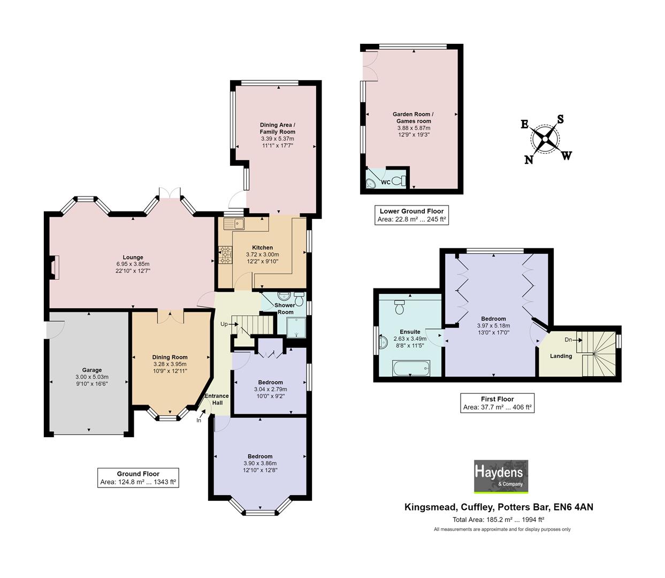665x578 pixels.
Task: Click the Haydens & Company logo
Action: point(501,476)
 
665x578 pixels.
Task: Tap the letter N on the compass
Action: point(529,159)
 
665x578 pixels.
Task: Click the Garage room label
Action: point(92,370)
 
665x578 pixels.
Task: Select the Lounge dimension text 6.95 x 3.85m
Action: point(133,264)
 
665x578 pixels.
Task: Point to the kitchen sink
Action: point(234,223)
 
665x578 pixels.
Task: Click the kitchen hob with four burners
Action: point(225,254)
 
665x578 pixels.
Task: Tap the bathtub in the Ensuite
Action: point(410,368)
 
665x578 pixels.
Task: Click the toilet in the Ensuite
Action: point(399,307)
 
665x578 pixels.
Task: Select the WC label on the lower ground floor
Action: point(385,182)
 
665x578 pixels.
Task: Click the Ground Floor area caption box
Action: point(138,478)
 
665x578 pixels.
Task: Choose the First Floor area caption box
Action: point(498,403)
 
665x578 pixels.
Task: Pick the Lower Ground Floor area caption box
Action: point(411,215)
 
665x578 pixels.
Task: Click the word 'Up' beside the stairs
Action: point(224,324)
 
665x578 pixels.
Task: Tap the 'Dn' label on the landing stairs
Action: point(568,340)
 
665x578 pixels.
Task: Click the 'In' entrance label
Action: point(198,420)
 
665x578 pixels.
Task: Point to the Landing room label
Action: point(561,356)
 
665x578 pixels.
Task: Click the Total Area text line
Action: point(498,519)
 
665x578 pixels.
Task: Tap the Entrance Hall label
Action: point(217,399)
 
